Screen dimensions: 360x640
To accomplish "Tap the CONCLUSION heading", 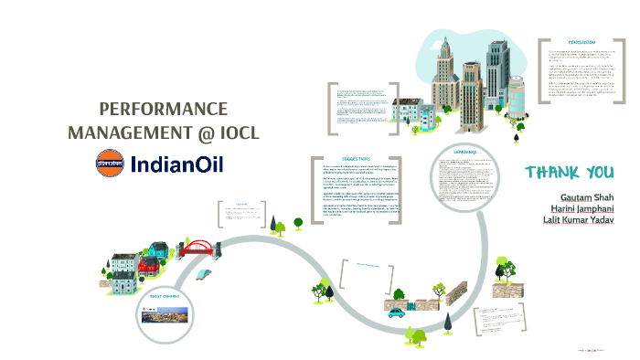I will click(x=581, y=43).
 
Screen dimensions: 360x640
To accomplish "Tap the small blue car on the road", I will click(x=397, y=312).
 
